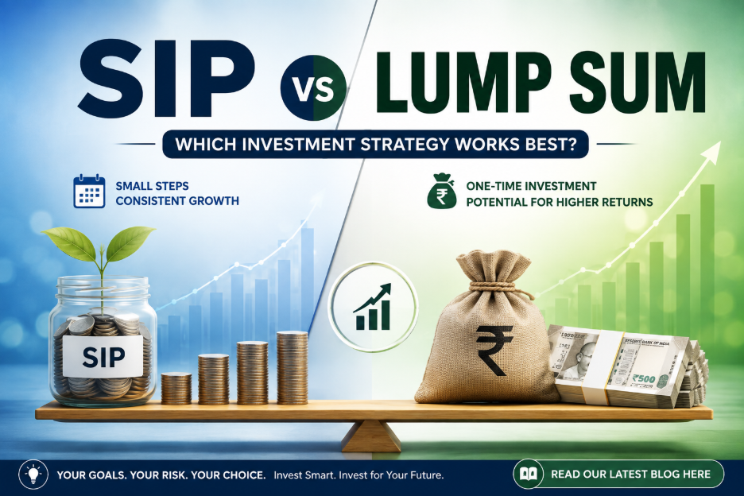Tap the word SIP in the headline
click(x=166, y=79)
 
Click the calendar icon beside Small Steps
click(x=89, y=191)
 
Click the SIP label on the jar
click(x=103, y=357)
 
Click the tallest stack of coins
click(x=292, y=367)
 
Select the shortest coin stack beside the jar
click(x=176, y=388)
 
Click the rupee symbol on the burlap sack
click(x=494, y=350)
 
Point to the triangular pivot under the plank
click(x=371, y=436)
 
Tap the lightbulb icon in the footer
click(x=33, y=475)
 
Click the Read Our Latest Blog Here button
click(x=618, y=475)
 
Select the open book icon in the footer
click(x=528, y=475)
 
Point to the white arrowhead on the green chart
click(x=711, y=153)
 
